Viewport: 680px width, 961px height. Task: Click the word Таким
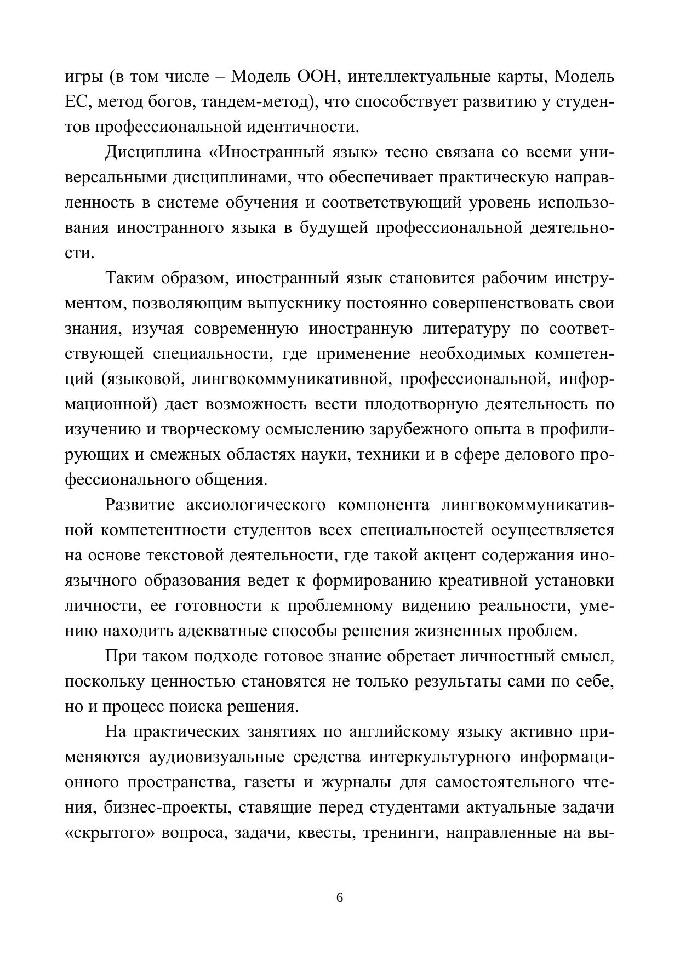[x=129, y=278]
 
